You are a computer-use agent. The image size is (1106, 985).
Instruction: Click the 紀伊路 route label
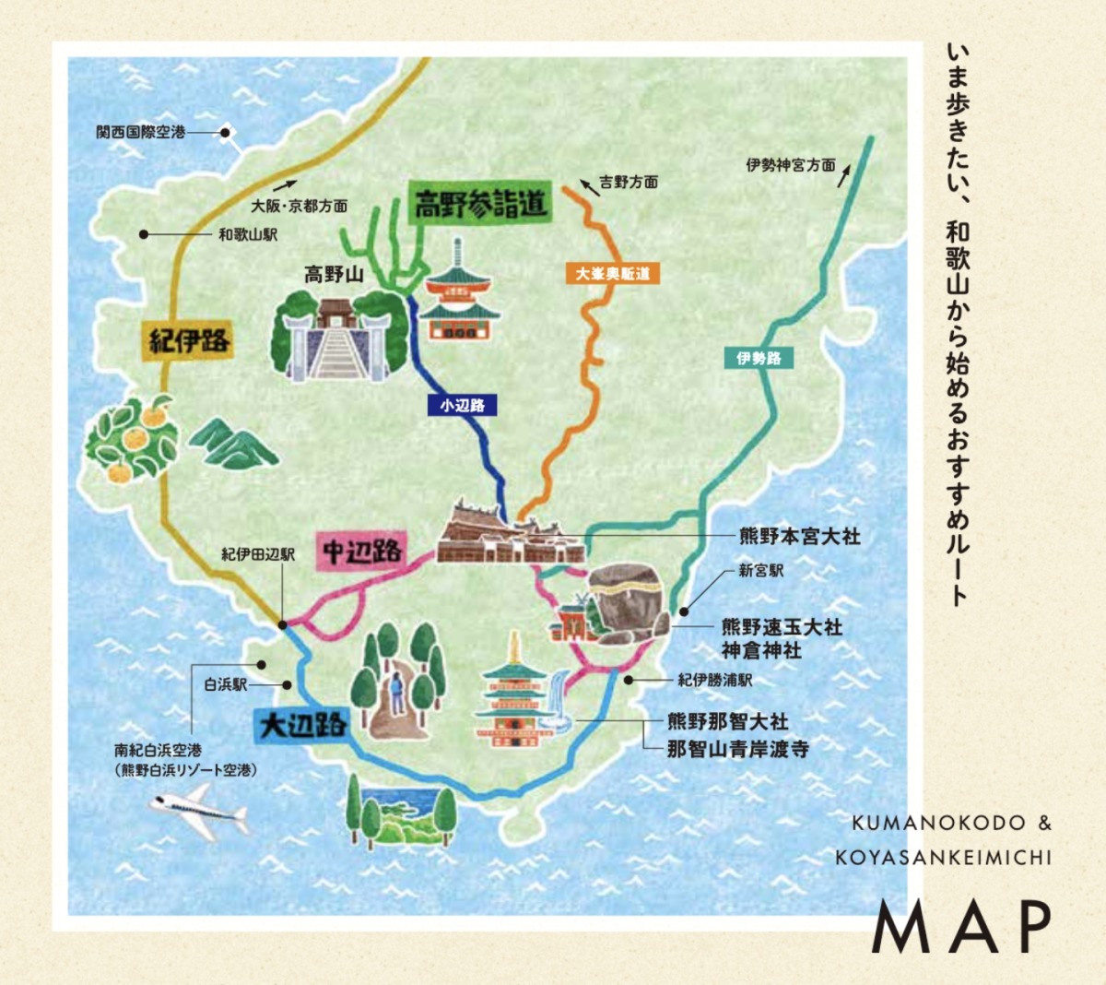tap(189, 340)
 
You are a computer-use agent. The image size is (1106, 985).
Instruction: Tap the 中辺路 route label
tap(362, 551)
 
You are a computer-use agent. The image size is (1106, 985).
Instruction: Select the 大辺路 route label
tap(301, 724)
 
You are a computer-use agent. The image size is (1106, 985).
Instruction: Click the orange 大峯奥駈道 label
tap(613, 274)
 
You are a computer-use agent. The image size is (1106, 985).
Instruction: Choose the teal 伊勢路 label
tap(759, 358)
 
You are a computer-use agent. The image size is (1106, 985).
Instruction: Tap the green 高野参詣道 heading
tap(480, 203)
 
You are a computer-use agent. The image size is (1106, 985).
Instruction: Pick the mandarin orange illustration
tap(131, 441)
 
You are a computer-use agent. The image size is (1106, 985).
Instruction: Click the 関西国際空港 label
tap(140, 133)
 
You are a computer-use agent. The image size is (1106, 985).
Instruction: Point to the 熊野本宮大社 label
tap(799, 536)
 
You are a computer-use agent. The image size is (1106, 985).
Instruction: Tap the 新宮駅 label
tap(761, 571)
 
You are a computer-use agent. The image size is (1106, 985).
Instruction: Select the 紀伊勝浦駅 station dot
tap(629, 680)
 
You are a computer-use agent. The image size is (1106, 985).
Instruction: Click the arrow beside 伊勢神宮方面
tap(844, 173)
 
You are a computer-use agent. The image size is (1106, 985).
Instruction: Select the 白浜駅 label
tap(226, 685)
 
